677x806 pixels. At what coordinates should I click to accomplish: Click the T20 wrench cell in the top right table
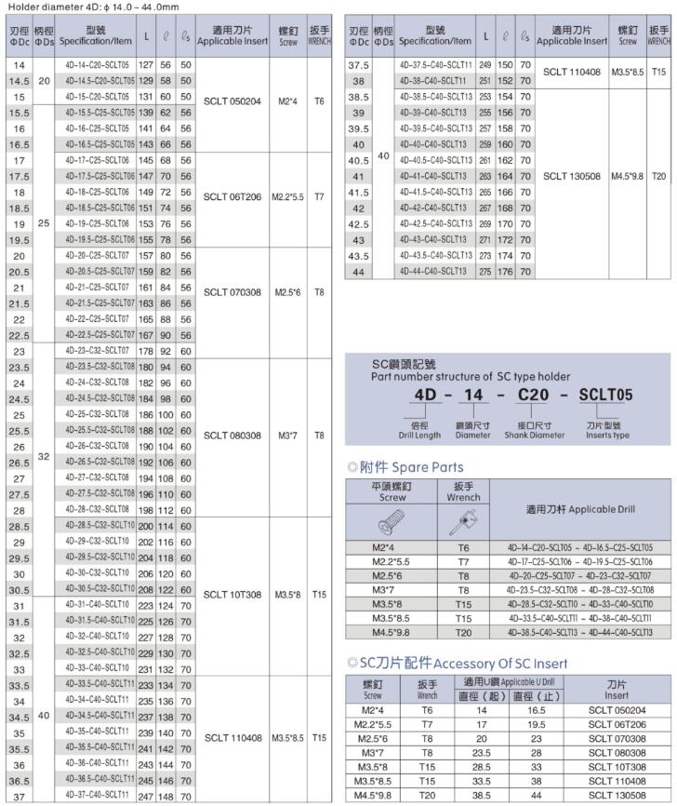(x=658, y=175)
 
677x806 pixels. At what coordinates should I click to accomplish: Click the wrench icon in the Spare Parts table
(x=463, y=518)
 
